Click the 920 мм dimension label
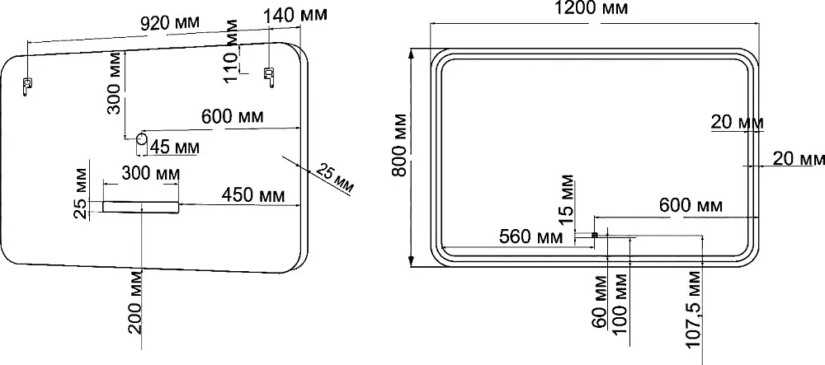click(170, 22)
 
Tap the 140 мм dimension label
click(295, 15)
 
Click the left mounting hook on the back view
click(27, 86)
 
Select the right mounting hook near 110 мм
click(269, 76)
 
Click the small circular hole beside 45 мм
click(142, 139)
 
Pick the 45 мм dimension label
click(174, 147)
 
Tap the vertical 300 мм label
click(115, 82)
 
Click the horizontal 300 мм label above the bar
click(150, 172)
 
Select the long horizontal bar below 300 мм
click(141, 207)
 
